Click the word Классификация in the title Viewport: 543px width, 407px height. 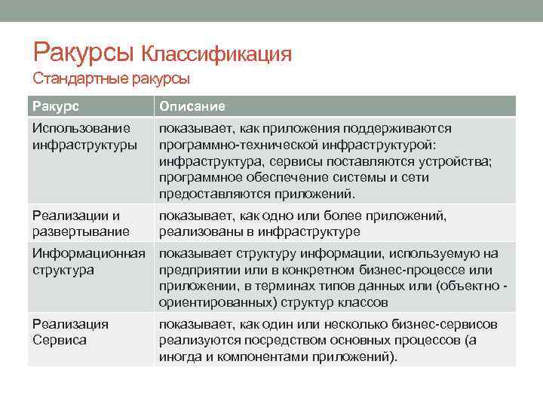point(216,54)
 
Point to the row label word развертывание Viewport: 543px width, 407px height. point(80,232)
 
